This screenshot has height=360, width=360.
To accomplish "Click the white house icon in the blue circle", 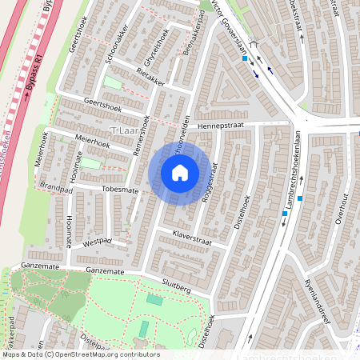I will (x=180, y=173).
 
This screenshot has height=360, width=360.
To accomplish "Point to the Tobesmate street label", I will (x=120, y=190).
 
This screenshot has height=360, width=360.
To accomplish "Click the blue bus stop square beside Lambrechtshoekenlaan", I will (x=299, y=198).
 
